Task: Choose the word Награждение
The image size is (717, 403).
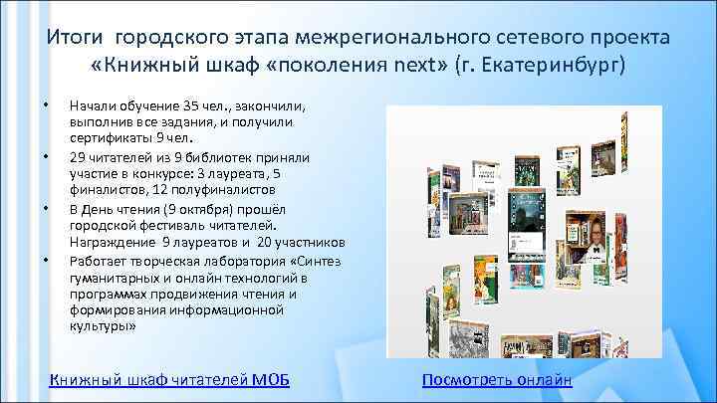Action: [110, 242]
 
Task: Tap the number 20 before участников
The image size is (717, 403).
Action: [265, 242]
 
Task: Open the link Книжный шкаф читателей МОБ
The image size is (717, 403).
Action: [169, 379]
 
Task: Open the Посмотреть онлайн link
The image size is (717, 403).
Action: [497, 379]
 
